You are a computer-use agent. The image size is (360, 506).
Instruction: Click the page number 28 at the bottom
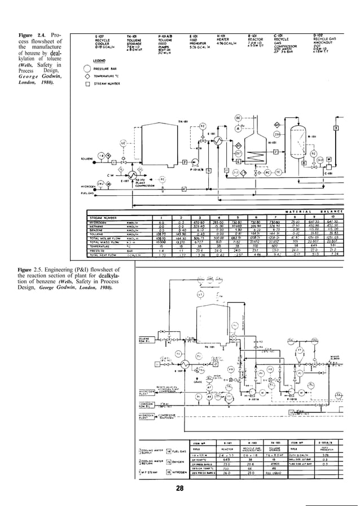click(179, 488)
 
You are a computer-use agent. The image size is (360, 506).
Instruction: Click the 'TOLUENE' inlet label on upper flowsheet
click(87, 159)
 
